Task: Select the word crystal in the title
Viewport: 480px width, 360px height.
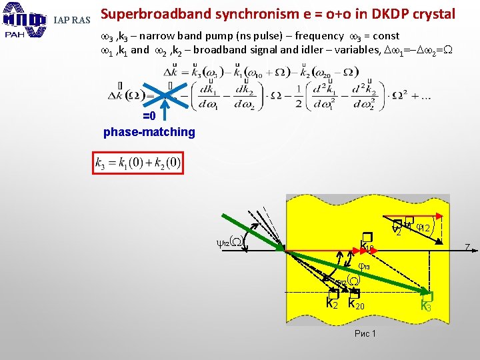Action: [x=431, y=14]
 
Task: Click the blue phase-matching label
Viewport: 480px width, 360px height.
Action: [x=149, y=131]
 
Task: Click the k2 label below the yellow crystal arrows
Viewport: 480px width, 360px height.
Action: [x=332, y=303]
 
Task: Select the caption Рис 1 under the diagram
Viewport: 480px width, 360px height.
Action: [x=365, y=333]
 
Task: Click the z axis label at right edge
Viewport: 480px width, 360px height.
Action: [x=468, y=248]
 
